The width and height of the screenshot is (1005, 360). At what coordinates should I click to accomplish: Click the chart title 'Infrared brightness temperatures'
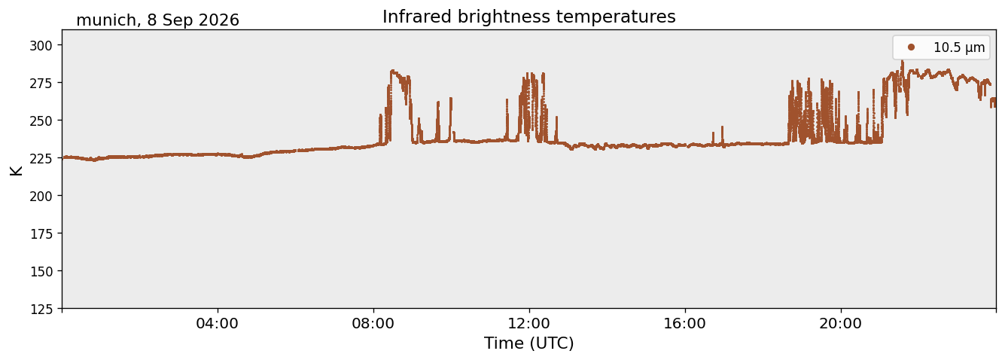(529, 17)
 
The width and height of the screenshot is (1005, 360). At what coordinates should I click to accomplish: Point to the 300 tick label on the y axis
(41, 45)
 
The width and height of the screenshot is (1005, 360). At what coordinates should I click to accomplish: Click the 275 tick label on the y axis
(41, 83)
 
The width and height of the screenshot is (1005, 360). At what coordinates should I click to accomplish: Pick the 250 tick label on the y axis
(41, 121)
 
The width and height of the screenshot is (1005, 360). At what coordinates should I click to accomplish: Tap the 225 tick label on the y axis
(41, 158)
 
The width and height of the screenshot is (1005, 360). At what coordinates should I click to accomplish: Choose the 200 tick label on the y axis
(41, 196)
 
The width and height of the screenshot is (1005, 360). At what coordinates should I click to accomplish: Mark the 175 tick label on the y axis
(41, 234)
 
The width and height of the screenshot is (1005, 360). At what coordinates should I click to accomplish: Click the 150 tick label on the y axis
(41, 272)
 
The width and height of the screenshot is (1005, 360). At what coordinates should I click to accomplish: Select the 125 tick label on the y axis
(41, 309)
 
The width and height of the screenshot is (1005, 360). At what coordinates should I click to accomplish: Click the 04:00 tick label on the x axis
(218, 323)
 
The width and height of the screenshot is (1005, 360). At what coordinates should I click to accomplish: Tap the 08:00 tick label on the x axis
(373, 323)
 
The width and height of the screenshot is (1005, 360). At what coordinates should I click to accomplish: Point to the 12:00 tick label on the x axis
(529, 323)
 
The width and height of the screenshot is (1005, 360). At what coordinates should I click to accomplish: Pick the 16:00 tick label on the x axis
(684, 323)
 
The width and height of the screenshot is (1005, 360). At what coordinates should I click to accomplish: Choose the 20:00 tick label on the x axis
(840, 323)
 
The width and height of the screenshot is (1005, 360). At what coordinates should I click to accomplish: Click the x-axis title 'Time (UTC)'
(529, 343)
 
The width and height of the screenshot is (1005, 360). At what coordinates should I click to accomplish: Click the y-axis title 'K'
(16, 170)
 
